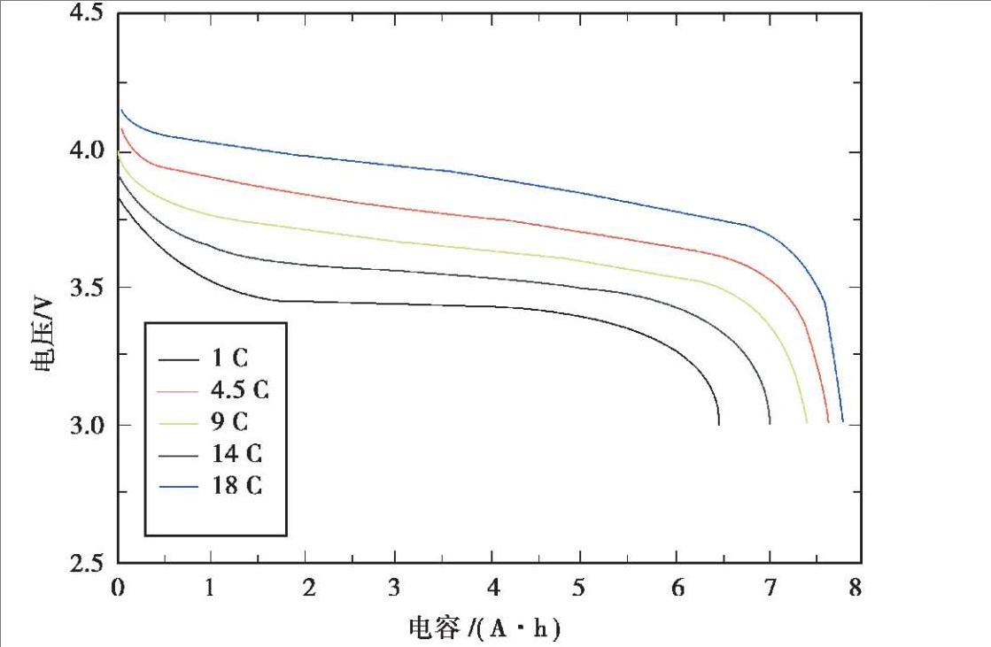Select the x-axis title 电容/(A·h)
pos(485,628)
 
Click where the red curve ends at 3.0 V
pos(828,422)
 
